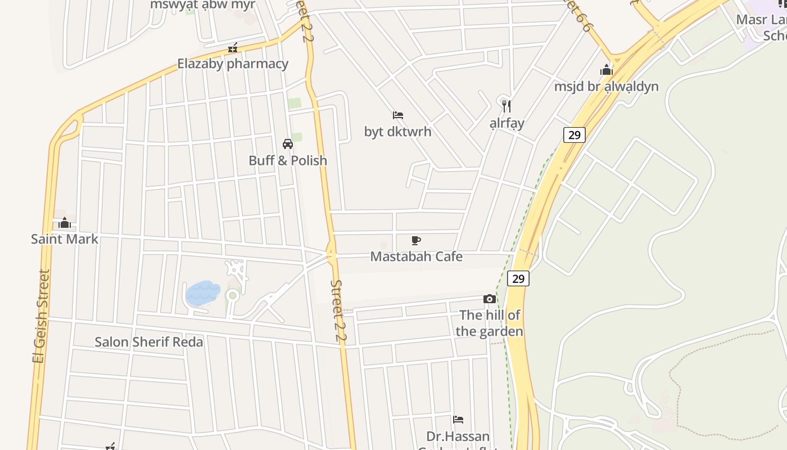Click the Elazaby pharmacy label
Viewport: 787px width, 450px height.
pos(233,64)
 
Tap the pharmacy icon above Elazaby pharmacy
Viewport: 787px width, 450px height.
pos(233,48)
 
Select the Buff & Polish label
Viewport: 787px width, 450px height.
pos(288,160)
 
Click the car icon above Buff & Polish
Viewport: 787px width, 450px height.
pos(288,144)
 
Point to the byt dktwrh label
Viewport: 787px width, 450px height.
pos(398,132)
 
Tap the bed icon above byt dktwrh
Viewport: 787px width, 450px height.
pos(398,115)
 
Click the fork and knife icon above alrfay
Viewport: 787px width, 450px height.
pos(506,106)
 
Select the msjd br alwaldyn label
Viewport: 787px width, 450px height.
pos(606,87)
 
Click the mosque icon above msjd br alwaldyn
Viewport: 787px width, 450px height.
pos(606,70)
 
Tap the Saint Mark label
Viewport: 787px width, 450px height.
pos(65,239)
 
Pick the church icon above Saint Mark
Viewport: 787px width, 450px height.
pos(65,223)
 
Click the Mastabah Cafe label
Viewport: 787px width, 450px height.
pos(417,256)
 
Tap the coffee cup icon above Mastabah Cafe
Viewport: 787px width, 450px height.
pos(416,241)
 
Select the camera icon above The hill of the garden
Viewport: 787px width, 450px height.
pos(490,299)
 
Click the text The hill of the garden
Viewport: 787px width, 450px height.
pos(490,323)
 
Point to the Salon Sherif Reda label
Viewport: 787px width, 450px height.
pos(149,342)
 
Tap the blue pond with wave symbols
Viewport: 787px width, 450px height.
pos(202,293)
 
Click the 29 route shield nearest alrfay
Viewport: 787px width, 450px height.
pos(574,135)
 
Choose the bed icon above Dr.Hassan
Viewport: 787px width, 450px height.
pos(458,420)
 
